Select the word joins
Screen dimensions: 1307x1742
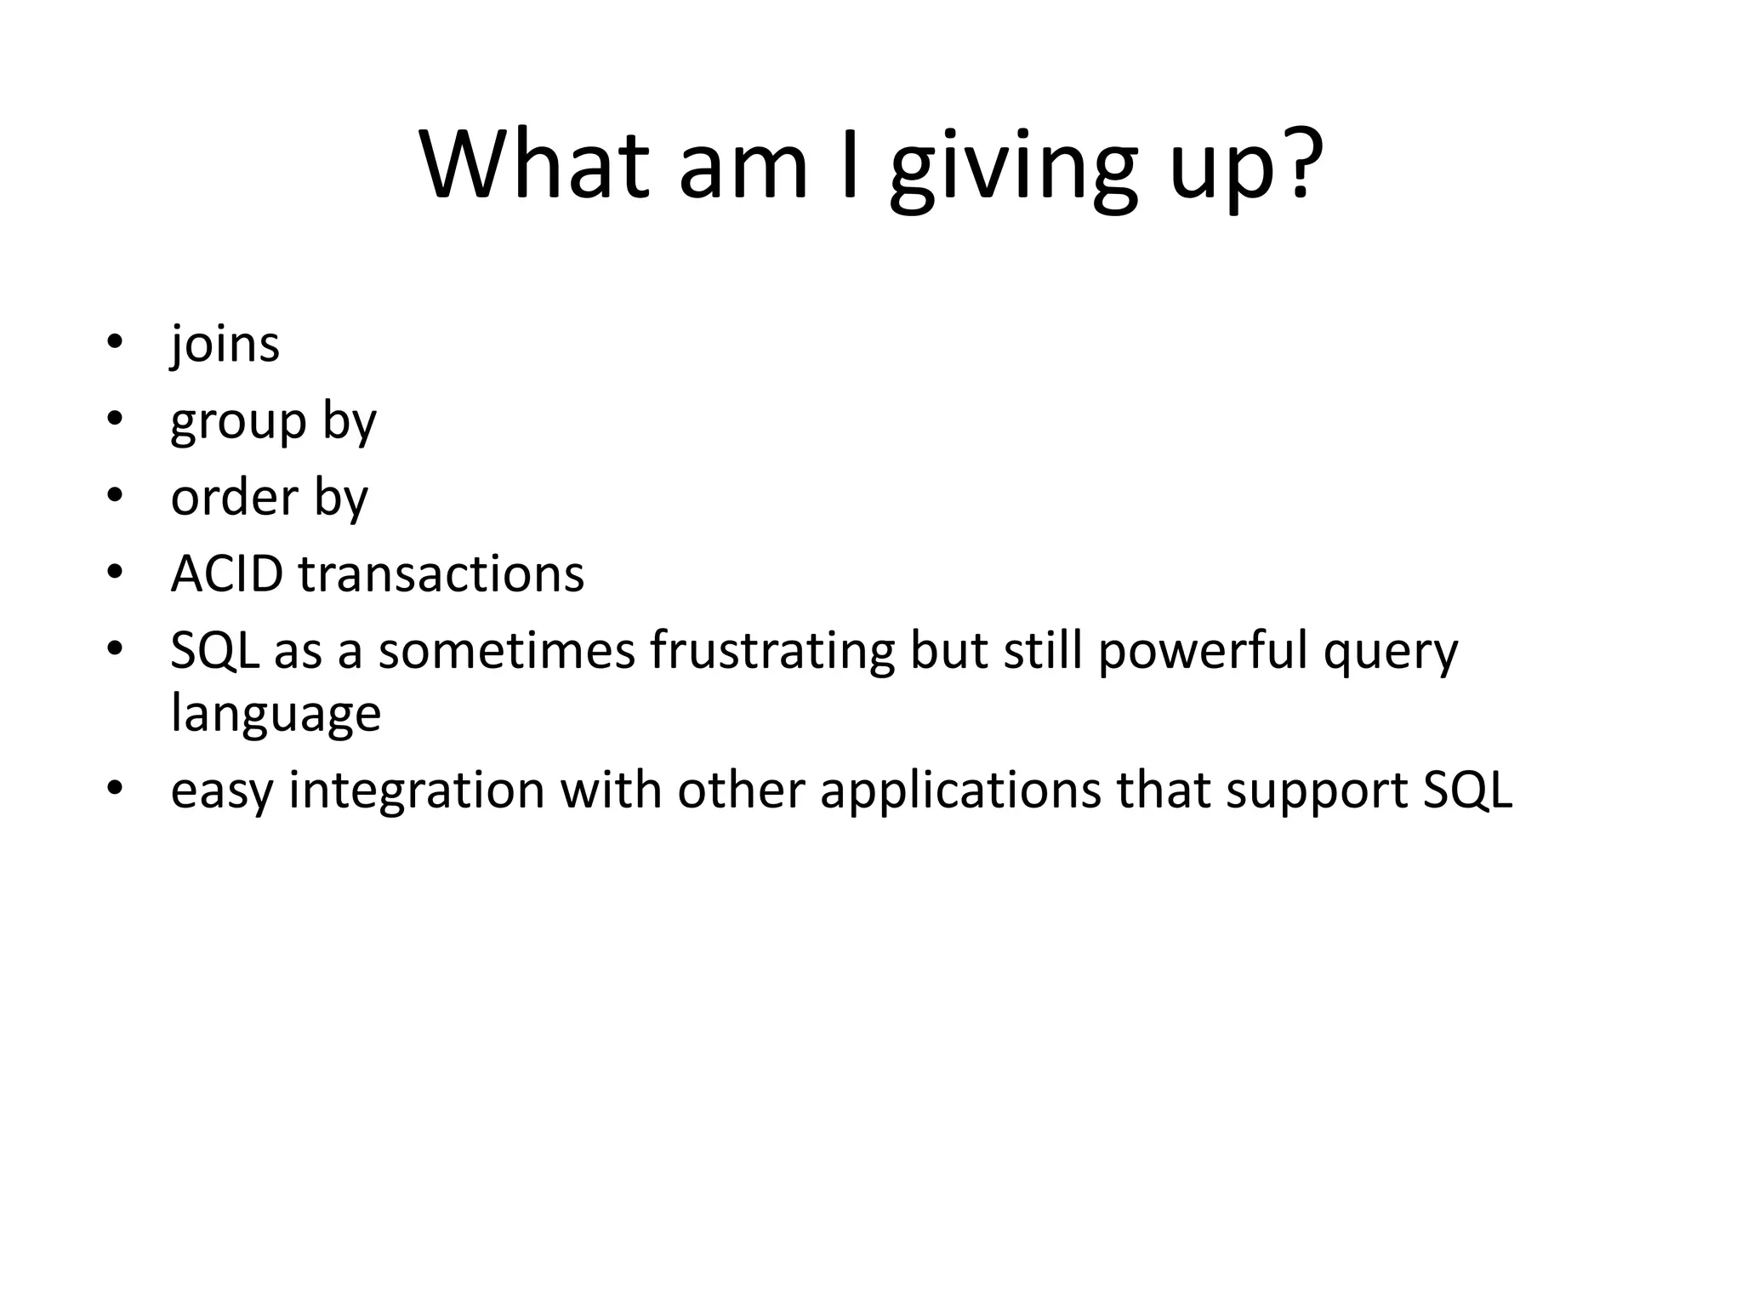[225, 345]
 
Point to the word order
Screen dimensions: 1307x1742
[234, 497]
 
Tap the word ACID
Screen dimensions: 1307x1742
[226, 574]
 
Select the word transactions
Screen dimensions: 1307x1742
[441, 574]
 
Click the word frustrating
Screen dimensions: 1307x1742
[771, 650]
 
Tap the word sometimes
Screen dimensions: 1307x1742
[506, 650]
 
